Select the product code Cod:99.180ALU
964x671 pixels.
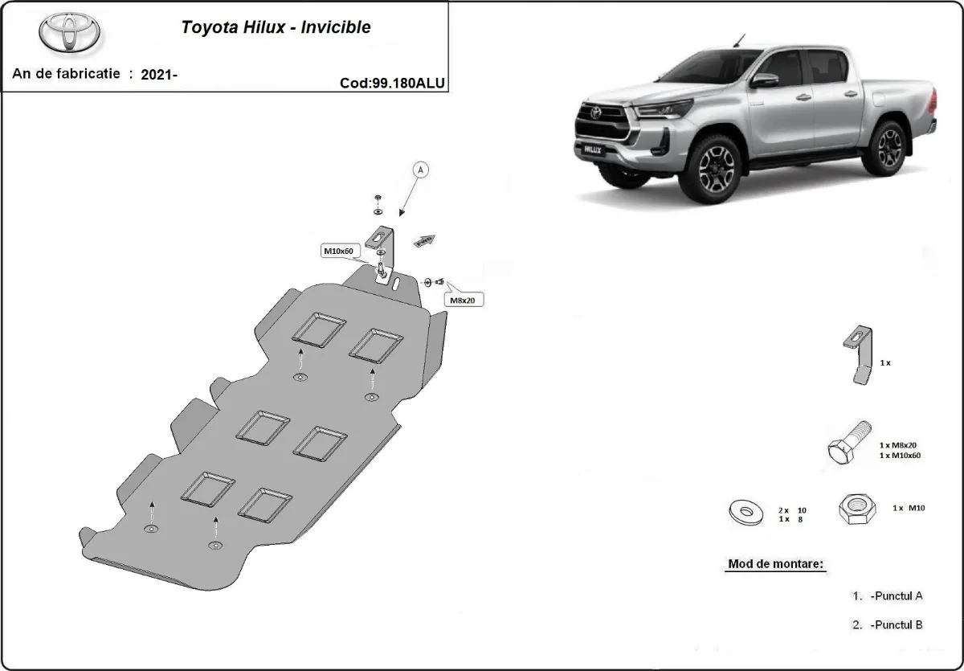tap(392, 82)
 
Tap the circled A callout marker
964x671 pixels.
tap(421, 170)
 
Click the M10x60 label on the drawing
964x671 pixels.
tap(338, 252)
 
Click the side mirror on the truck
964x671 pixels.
tap(765, 80)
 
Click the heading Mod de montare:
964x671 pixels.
tap(776, 564)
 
